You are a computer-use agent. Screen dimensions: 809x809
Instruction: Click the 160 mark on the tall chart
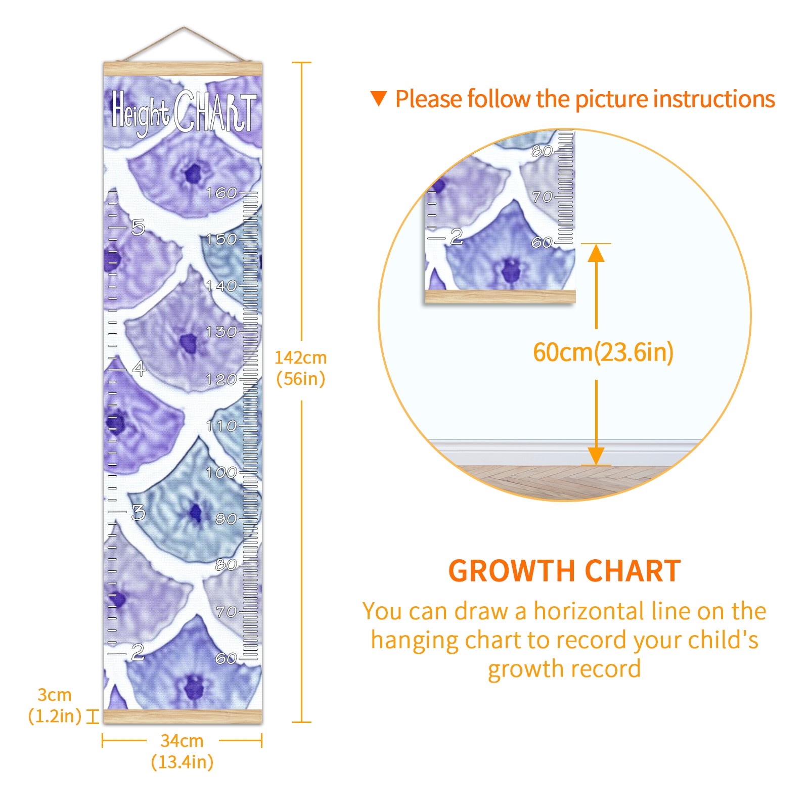pyautogui.click(x=221, y=193)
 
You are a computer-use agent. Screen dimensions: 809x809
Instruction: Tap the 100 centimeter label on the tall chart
pyautogui.click(x=221, y=473)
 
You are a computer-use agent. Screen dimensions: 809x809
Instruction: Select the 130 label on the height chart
pyautogui.click(x=221, y=332)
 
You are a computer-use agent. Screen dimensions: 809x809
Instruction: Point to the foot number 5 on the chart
pyautogui.click(x=138, y=228)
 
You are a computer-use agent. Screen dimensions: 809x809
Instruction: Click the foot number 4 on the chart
pyautogui.click(x=139, y=369)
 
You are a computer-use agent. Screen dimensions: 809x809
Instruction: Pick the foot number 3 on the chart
pyautogui.click(x=138, y=513)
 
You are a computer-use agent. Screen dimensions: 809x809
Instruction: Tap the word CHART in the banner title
pyautogui.click(x=215, y=112)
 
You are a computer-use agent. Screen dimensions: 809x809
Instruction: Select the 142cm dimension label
pyautogui.click(x=301, y=357)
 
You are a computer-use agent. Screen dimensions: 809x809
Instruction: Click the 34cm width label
pyautogui.click(x=182, y=741)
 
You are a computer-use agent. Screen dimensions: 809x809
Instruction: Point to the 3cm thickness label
pyautogui.click(x=55, y=695)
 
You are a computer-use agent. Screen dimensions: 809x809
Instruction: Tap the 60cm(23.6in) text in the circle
pyautogui.click(x=603, y=352)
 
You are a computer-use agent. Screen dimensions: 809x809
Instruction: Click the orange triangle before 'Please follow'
pyautogui.click(x=379, y=98)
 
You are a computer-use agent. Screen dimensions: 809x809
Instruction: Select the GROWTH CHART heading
pyautogui.click(x=564, y=571)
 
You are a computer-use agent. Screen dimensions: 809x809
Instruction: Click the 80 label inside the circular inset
pyautogui.click(x=542, y=151)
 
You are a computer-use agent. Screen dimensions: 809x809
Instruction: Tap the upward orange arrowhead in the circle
pyautogui.click(x=596, y=252)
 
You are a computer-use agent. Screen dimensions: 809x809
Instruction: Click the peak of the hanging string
pyautogui.click(x=184, y=27)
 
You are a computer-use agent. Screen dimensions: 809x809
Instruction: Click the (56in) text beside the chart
pyautogui.click(x=301, y=379)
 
